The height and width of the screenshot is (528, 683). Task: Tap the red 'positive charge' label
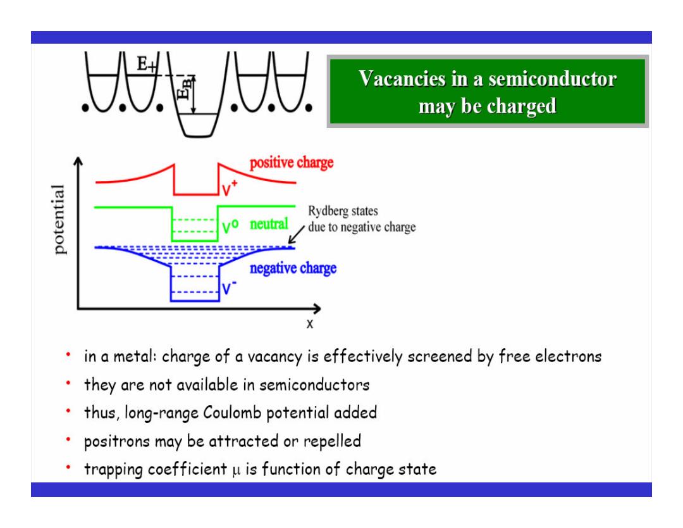pyautogui.click(x=292, y=163)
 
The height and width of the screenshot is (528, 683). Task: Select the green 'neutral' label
pyautogui.click(x=269, y=223)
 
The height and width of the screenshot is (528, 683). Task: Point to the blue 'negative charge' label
pyautogui.click(x=293, y=268)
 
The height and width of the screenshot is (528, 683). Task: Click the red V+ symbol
pyautogui.click(x=229, y=188)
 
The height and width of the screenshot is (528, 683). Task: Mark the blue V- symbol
pyautogui.click(x=229, y=287)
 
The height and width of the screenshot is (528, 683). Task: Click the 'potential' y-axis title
pyautogui.click(x=59, y=219)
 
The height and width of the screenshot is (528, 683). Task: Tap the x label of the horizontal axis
pyautogui.click(x=310, y=324)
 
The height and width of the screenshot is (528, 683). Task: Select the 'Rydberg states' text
pyautogui.click(x=343, y=211)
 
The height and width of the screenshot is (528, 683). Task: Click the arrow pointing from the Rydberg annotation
pyautogui.click(x=297, y=235)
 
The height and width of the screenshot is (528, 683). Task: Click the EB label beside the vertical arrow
pyautogui.click(x=184, y=89)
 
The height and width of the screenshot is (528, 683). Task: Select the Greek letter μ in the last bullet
pyautogui.click(x=236, y=470)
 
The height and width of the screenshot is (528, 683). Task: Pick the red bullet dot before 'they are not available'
pyautogui.click(x=68, y=383)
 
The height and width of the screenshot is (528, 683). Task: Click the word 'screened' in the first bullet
pyautogui.click(x=440, y=356)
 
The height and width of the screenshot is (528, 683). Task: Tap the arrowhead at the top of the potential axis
pyautogui.click(x=78, y=161)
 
